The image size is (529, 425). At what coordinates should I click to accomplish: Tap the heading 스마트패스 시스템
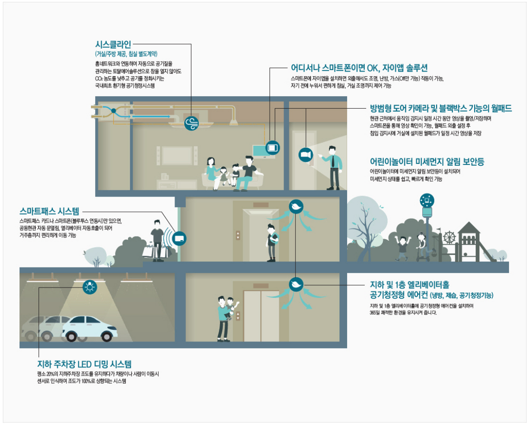click(x=49, y=212)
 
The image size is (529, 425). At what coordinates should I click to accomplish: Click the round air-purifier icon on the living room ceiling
click(x=192, y=123)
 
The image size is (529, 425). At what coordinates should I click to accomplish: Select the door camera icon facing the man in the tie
click(x=305, y=155)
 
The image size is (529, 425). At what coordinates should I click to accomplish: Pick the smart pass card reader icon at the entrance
click(x=179, y=238)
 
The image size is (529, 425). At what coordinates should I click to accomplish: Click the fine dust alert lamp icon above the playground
click(x=426, y=201)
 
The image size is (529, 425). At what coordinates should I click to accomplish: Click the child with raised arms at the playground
click(x=402, y=246)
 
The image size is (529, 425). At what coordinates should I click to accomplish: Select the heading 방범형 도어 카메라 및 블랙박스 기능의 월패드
click(x=440, y=109)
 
